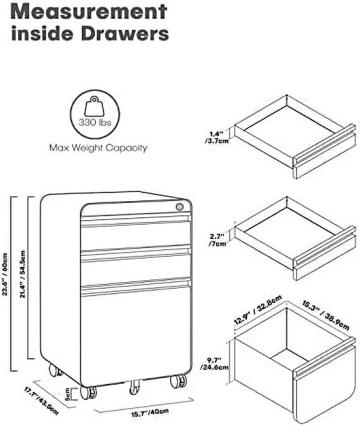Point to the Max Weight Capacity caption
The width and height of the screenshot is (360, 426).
(98, 148)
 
